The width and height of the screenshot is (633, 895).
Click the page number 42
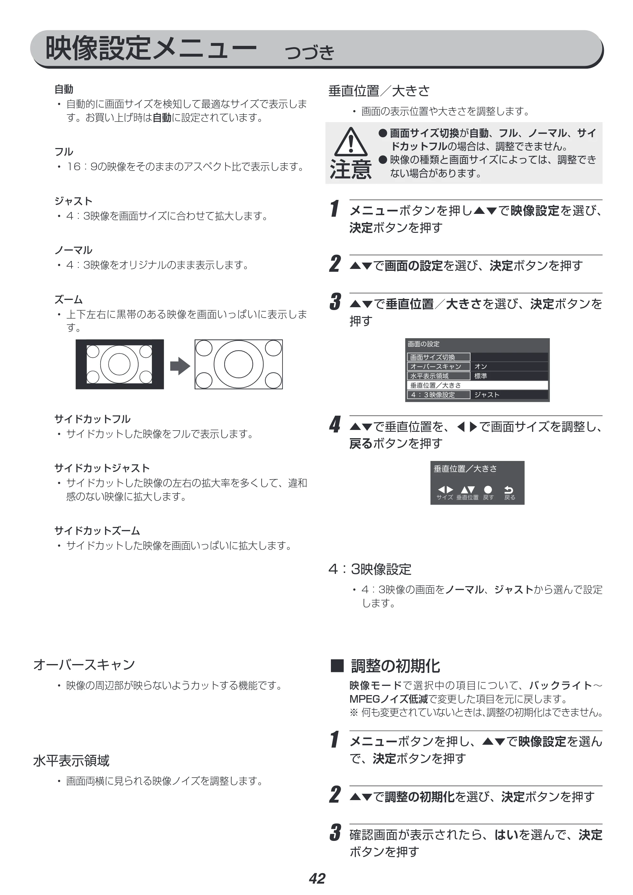[x=317, y=879]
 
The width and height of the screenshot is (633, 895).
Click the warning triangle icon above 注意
[x=351, y=142]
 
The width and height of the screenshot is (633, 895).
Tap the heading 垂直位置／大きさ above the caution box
[x=379, y=91]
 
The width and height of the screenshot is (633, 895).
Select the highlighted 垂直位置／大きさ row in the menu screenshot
[x=477, y=385]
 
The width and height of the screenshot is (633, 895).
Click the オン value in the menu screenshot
[x=481, y=366]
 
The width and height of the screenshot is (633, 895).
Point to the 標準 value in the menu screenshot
[x=481, y=376]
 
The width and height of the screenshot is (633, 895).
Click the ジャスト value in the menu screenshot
[x=487, y=395]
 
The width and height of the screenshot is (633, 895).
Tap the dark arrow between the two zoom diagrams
[x=180, y=366]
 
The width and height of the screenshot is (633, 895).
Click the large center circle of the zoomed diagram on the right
[x=239, y=364]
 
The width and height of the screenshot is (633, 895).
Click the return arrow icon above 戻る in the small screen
[x=509, y=490]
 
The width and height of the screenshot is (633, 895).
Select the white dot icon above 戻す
[x=488, y=490]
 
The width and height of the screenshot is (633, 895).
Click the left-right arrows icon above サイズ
[x=445, y=490]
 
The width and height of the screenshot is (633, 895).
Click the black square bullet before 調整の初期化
[x=337, y=666]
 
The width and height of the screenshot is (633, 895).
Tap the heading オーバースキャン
[x=84, y=665]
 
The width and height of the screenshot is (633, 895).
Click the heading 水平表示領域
[x=71, y=761]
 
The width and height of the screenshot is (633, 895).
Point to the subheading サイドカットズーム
[x=97, y=531]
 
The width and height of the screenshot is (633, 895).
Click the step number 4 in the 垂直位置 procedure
[x=335, y=425]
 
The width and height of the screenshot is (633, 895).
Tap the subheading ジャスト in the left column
[x=73, y=201]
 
